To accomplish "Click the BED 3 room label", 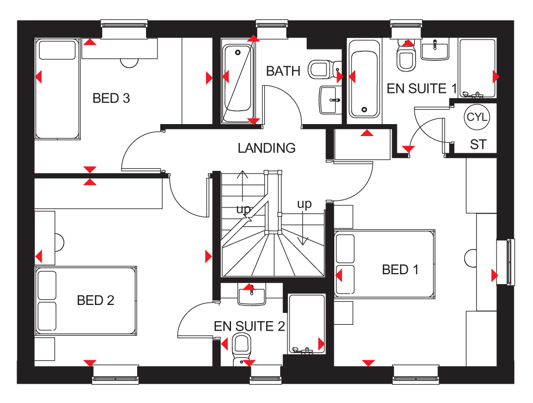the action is pyautogui.click(x=111, y=98).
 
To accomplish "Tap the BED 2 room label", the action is pyautogui.click(x=95, y=300).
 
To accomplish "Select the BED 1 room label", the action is pyautogui.click(x=400, y=270).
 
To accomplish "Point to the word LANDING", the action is pyautogui.click(x=266, y=148).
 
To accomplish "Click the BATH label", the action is pyautogui.click(x=283, y=71).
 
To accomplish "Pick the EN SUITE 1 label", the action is pyautogui.click(x=422, y=88).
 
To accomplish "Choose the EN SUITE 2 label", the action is pyautogui.click(x=249, y=326).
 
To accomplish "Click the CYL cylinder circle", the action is pyautogui.click(x=477, y=117).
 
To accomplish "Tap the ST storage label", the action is pyautogui.click(x=478, y=144).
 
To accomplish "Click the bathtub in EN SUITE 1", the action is pyautogui.click(x=365, y=79).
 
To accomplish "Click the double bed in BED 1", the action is pyautogui.click(x=384, y=264).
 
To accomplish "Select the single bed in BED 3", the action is pyautogui.click(x=57, y=89).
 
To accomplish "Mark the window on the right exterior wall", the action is pyautogui.click(x=506, y=262).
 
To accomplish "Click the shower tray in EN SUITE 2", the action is pyautogui.click(x=307, y=324).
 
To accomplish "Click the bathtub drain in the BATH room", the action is pyautogui.click(x=238, y=52).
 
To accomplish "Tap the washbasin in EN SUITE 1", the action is pyautogui.click(x=435, y=50).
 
